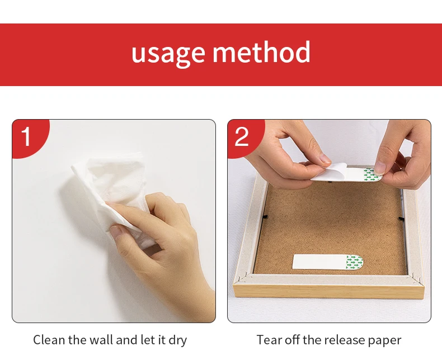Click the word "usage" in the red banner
(x=168, y=53)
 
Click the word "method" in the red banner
(x=261, y=52)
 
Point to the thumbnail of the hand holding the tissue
(x=116, y=231)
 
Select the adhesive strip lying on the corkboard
(x=328, y=262)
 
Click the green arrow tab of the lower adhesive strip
(x=355, y=262)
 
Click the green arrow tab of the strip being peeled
(x=372, y=174)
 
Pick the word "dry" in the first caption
(x=178, y=340)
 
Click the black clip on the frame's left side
(x=265, y=217)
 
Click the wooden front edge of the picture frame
(x=328, y=292)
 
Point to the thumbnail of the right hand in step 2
(x=380, y=167)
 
